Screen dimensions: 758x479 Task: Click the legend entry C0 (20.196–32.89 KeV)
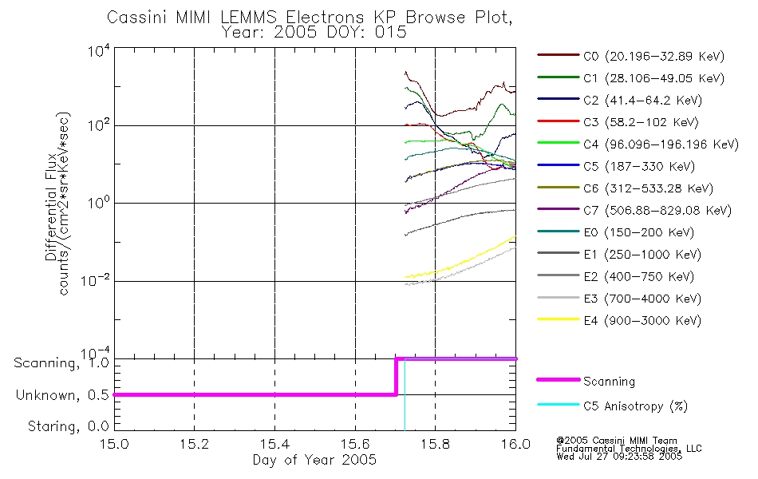click(x=631, y=56)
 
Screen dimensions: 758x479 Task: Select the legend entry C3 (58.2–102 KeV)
click(x=618, y=122)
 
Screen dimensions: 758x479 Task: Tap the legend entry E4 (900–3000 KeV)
click(x=619, y=320)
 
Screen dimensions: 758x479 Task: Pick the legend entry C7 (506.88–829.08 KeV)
click(x=634, y=211)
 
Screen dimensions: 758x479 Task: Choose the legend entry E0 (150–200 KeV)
click(x=616, y=232)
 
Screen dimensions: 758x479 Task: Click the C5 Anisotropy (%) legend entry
click(x=613, y=406)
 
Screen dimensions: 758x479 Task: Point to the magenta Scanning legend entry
click(x=586, y=382)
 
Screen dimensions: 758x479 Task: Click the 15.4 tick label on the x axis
click(x=274, y=444)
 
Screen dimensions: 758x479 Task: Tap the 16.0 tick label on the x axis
click(x=515, y=444)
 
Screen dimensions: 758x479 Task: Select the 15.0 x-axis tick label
click(x=114, y=444)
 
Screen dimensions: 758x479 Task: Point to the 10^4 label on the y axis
click(x=99, y=50)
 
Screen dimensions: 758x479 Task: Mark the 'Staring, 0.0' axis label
click(x=68, y=426)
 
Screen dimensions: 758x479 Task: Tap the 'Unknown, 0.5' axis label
click(x=62, y=395)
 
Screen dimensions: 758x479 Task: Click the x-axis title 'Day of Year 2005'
click(x=314, y=459)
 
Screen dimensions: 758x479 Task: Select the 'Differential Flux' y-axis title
click(x=51, y=207)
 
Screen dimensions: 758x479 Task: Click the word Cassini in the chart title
click(x=137, y=18)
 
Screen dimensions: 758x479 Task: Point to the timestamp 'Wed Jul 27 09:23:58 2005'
click(x=619, y=457)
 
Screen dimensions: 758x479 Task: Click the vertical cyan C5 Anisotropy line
click(x=405, y=394)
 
